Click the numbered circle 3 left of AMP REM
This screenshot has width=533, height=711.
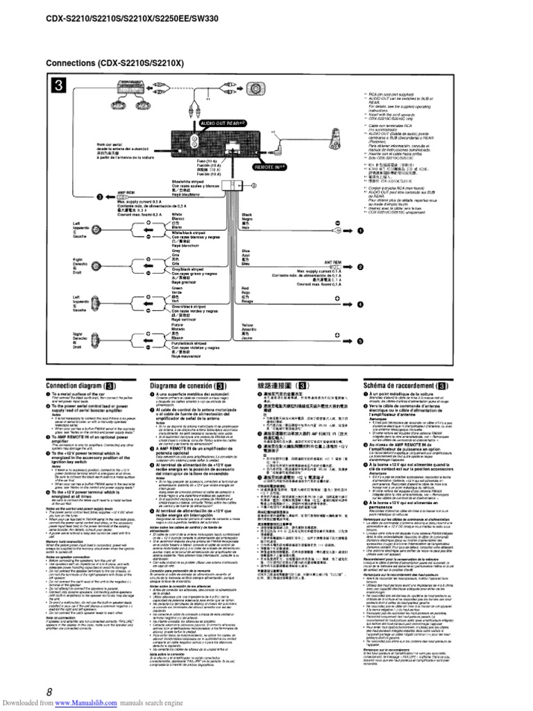pyautogui.click(x=99, y=197)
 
